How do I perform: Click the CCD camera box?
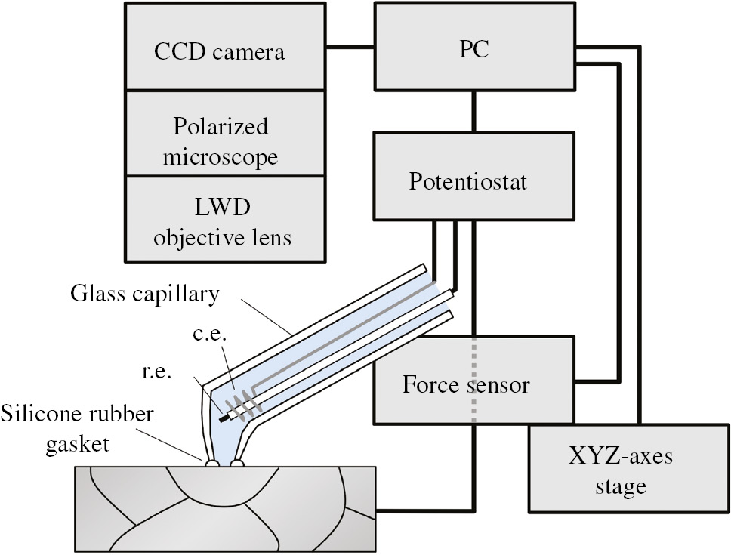(219, 52)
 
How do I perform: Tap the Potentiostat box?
(467, 182)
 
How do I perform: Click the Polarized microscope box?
(219, 141)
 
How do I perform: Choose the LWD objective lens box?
(219, 222)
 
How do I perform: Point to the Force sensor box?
(466, 384)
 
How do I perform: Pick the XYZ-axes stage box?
(619, 470)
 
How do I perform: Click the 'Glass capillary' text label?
(143, 294)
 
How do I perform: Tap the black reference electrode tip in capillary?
(224, 415)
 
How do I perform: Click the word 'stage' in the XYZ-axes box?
(619, 486)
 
